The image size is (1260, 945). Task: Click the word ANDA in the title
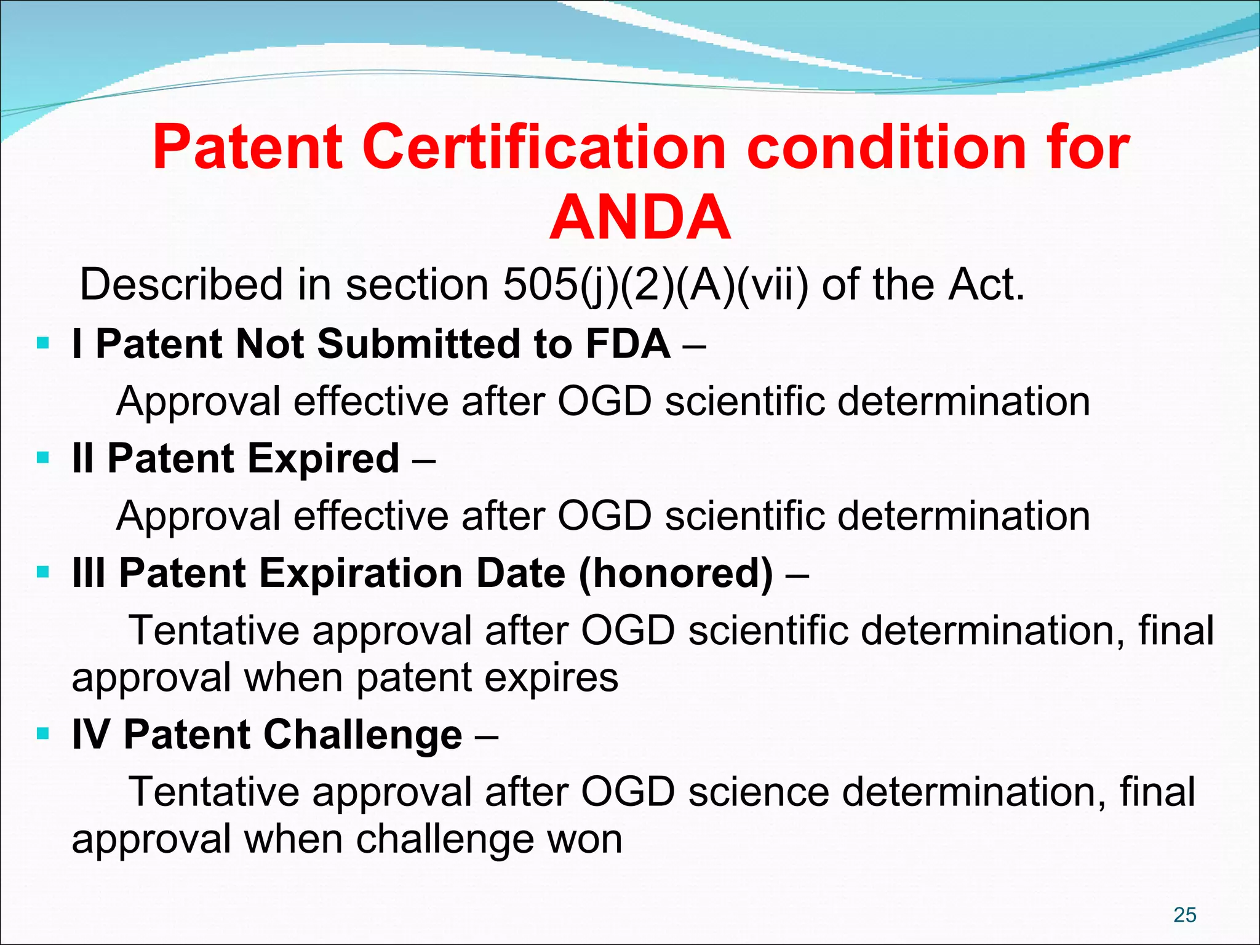(x=640, y=218)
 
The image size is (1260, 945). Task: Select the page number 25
(x=1184, y=915)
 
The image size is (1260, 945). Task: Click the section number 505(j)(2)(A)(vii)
(x=656, y=285)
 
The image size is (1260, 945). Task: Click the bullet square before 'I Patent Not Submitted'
(x=42, y=343)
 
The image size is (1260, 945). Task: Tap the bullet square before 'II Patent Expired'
(x=42, y=458)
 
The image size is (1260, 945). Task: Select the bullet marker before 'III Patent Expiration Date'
(x=42, y=573)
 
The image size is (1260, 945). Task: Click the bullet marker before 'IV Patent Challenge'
(x=42, y=733)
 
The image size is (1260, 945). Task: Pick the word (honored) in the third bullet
(x=675, y=573)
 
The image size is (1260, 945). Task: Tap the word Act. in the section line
(x=986, y=285)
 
